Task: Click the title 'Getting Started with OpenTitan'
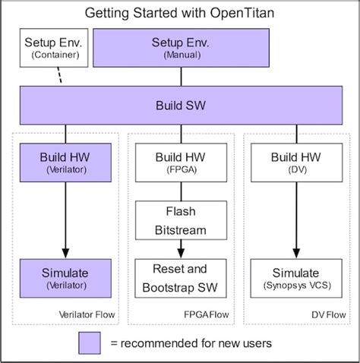180,13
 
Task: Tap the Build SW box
179,103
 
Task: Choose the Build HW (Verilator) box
65,161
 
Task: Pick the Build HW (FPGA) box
180,161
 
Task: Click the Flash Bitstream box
180,219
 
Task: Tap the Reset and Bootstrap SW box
180,278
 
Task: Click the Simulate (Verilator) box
65,278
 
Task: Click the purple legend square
90,343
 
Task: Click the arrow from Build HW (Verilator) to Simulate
65,220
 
